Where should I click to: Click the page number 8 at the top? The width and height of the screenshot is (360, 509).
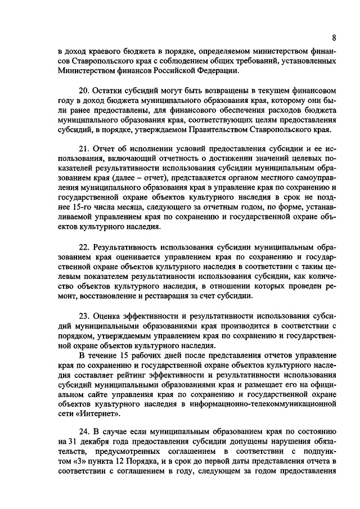click(x=334, y=38)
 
